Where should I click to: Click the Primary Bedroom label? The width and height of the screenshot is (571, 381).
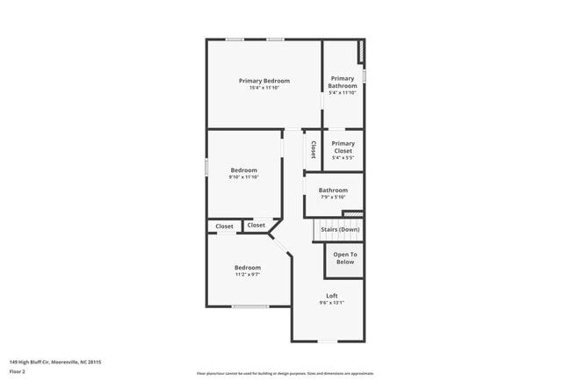[264, 81]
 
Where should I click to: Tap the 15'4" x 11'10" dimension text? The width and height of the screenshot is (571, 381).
[264, 88]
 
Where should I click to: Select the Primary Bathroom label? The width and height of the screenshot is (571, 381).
[343, 82]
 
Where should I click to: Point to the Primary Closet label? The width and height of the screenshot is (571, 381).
[343, 147]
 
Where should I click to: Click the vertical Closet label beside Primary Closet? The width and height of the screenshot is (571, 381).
[313, 149]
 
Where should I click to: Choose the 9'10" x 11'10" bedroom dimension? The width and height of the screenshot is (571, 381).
[244, 177]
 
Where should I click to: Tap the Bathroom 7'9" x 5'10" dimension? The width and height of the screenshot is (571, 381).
[333, 197]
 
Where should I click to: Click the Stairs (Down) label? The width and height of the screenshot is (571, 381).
[339, 229]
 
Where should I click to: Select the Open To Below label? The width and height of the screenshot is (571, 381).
[344, 258]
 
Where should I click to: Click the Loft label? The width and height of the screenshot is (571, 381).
[331, 296]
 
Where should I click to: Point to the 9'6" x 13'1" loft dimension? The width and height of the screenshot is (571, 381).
[331, 303]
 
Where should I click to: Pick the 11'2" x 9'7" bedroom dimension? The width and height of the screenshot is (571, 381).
[247, 275]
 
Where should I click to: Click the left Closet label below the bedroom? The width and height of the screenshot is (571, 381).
[225, 226]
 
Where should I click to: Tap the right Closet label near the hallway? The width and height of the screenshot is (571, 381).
[256, 226]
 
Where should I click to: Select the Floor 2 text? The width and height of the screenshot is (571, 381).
[18, 371]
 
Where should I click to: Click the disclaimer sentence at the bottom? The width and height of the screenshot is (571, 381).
[285, 373]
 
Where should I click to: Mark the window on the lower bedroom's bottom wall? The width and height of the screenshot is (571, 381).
[250, 306]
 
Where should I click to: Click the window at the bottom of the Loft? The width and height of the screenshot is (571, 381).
[327, 341]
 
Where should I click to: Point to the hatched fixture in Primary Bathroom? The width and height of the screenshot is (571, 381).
[360, 52]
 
